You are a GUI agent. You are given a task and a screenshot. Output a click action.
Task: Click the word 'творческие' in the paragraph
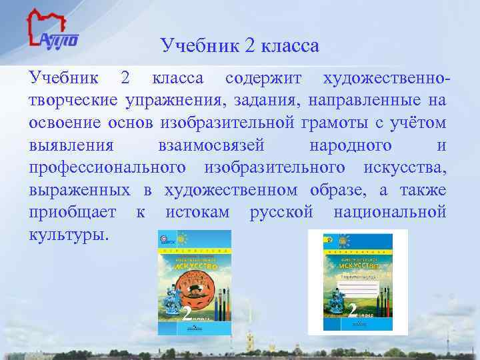71,101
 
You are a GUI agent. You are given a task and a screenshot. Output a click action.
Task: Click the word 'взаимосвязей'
212,146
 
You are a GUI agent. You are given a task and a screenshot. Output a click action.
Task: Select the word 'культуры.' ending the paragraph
67,236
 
